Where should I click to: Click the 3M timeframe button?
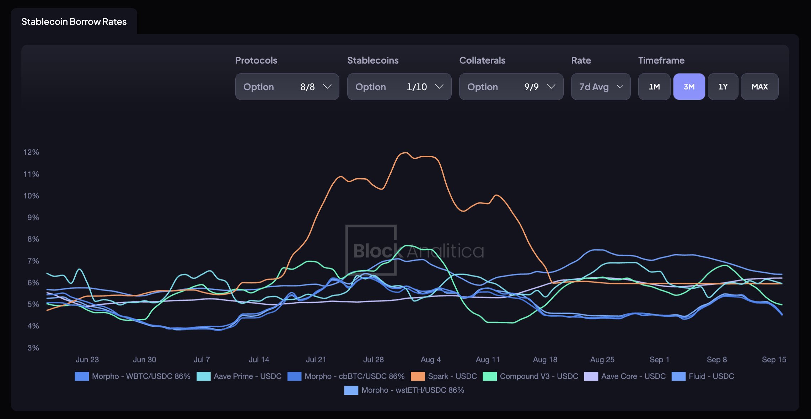tap(689, 87)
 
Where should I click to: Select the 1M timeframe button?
tap(654, 87)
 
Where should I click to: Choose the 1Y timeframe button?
tap(723, 87)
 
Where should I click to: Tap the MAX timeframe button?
tap(759, 87)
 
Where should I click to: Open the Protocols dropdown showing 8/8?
tap(287, 87)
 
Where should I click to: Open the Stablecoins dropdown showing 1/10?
tap(399, 87)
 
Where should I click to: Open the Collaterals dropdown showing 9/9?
tap(511, 87)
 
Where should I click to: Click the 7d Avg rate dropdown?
tap(601, 87)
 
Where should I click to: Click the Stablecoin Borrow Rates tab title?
tap(74, 22)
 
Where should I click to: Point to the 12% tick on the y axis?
tap(31, 152)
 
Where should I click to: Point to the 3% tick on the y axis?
tap(33, 348)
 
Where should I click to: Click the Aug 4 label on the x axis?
tap(430, 360)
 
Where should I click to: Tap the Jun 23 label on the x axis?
tap(87, 360)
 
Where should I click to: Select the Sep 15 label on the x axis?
tap(774, 360)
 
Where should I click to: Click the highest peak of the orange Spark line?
tap(405, 153)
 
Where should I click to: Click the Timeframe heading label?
tap(661, 60)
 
